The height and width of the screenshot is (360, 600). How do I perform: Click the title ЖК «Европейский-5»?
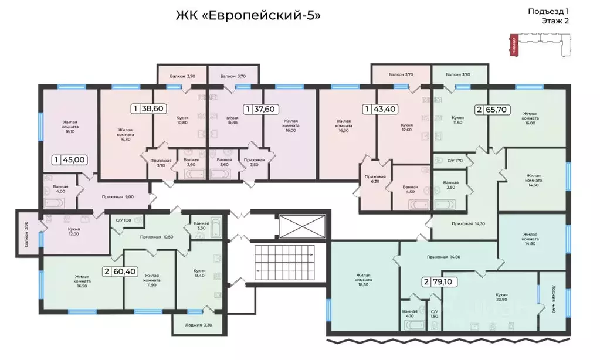[x=248, y=15]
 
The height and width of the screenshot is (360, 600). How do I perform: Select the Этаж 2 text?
[x=554, y=21]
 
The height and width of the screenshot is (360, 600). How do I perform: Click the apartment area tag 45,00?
[x=70, y=159]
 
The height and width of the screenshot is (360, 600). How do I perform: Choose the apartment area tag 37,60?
[x=260, y=108]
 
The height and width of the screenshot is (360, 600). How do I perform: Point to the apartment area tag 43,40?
[x=381, y=108]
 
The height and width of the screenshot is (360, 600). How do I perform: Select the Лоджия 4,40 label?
[x=554, y=299]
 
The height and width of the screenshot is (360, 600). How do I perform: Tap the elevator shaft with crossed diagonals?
[x=303, y=226]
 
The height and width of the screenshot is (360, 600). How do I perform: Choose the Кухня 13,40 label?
[x=199, y=274]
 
